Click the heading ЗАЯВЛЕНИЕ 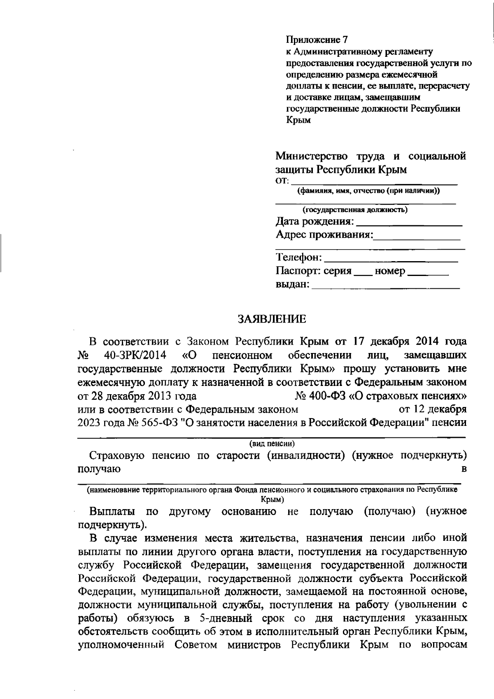[272, 319]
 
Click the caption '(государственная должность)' [355, 210]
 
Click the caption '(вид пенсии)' [272, 444]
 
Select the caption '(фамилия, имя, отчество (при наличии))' [368, 191]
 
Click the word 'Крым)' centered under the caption [272, 499]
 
